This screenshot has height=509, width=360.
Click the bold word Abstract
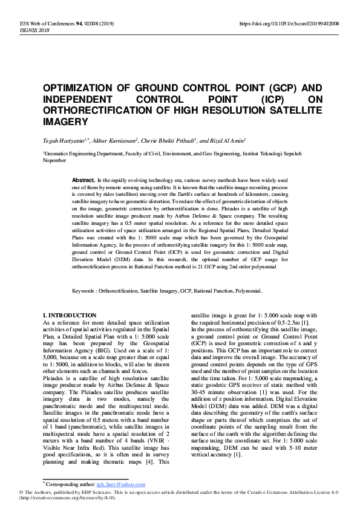pos(83,181)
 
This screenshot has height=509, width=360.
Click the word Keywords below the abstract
pos(85,291)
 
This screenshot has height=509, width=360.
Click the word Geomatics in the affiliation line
pos(59,155)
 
